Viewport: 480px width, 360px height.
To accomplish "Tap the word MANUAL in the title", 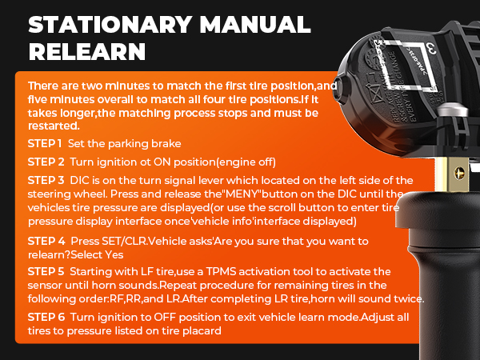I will click(251, 24).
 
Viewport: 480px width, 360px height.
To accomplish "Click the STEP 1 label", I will click(45, 143).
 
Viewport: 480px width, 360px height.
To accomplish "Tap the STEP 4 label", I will click(46, 240).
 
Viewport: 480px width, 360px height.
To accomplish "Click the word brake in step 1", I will click(165, 144).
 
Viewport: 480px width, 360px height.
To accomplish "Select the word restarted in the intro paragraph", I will click(53, 126).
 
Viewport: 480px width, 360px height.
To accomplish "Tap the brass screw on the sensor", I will click(458, 170).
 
